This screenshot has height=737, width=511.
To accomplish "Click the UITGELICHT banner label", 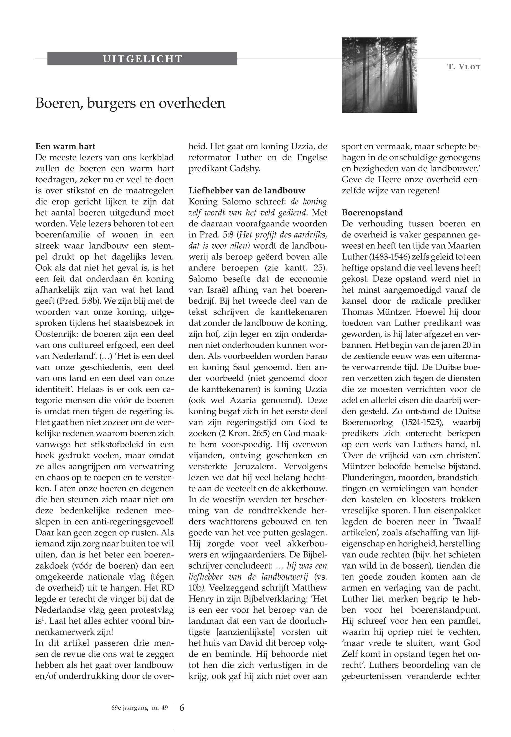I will (142, 59).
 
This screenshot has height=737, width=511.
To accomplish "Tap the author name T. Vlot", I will (464, 67).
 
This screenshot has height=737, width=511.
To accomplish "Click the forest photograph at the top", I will (379, 75).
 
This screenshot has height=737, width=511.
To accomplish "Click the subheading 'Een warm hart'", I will (65, 146).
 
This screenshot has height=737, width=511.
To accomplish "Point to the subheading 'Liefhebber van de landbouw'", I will (247, 191).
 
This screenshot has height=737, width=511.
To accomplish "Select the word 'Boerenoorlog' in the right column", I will (367, 423).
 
